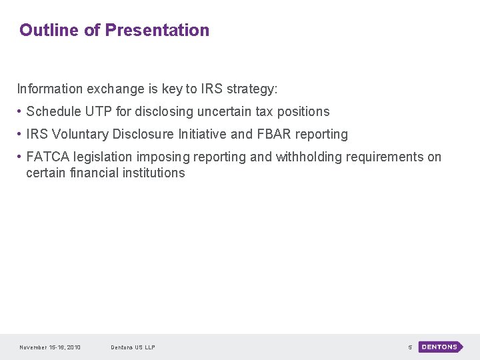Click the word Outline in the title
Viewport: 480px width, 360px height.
tap(49, 30)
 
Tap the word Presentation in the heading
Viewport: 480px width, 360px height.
tap(157, 30)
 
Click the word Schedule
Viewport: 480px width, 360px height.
tap(53, 111)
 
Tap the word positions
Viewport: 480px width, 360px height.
tap(303, 111)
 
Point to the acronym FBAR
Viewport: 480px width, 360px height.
tap(273, 134)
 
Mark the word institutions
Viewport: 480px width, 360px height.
tap(153, 173)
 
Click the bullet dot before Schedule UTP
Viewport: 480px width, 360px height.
tap(20, 111)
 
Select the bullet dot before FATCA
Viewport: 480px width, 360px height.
tap(20, 157)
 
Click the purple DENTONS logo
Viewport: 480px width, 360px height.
tap(440, 347)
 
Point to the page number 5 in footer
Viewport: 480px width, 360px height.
tap(410, 347)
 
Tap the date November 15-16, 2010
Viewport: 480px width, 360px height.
tap(50, 347)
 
